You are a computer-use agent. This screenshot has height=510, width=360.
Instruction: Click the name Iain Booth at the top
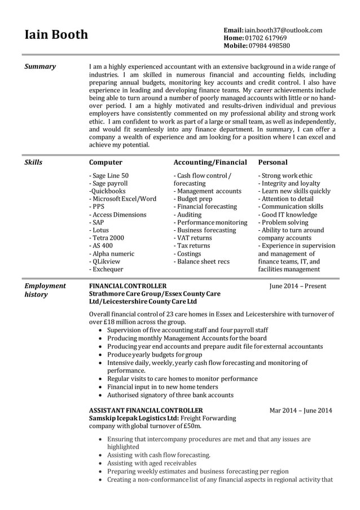click(56, 35)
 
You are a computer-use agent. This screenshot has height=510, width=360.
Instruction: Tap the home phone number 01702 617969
click(266, 38)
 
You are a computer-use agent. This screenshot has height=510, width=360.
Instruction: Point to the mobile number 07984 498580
click(270, 46)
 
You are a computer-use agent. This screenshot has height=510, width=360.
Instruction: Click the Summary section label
click(40, 67)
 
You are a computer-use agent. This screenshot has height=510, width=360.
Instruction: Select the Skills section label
click(33, 162)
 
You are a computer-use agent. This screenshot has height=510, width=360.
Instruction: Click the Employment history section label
click(45, 290)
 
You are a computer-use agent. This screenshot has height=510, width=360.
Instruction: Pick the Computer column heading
click(106, 162)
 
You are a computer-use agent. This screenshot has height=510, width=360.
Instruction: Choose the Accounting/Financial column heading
click(210, 162)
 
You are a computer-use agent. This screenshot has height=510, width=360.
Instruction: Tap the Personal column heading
click(273, 162)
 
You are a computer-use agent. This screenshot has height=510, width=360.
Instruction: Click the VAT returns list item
click(192, 238)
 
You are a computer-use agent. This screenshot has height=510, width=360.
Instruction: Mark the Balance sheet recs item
click(201, 261)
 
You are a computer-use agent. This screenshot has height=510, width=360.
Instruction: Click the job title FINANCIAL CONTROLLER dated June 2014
click(128, 286)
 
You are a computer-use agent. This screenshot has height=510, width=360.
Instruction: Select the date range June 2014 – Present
click(298, 286)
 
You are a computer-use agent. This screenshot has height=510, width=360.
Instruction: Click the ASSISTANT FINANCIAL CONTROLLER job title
click(146, 410)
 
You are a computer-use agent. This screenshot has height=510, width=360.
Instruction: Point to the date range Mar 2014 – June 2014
click(301, 410)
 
